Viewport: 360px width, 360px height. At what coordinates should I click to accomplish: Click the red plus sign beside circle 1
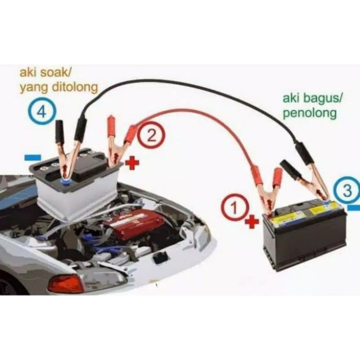click(252, 221)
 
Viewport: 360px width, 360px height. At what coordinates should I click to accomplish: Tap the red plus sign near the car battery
click(131, 163)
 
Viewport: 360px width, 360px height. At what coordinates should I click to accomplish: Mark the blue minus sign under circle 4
click(32, 158)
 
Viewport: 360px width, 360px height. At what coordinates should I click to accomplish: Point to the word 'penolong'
click(309, 113)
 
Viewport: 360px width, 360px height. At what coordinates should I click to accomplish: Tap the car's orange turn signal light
click(66, 283)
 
